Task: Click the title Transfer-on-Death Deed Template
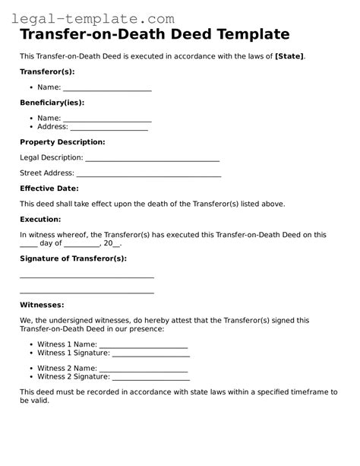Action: [x=154, y=35]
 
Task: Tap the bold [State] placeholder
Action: [x=289, y=56]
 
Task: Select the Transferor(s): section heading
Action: [x=47, y=71]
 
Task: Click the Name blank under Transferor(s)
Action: [x=107, y=89]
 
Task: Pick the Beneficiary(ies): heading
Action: [x=52, y=103]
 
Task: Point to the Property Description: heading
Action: [x=62, y=142]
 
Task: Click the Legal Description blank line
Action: [x=152, y=159]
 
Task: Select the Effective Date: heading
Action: [x=49, y=189]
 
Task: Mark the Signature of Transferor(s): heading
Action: [x=73, y=258]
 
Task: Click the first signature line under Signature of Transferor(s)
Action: [x=87, y=277]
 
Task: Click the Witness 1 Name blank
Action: [x=144, y=345]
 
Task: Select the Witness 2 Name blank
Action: [x=144, y=368]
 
